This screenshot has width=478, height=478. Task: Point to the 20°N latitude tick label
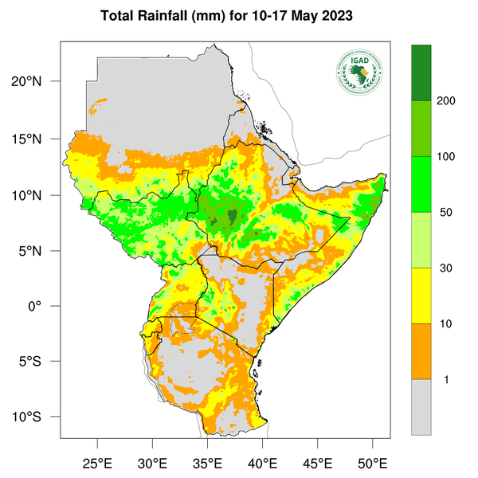(37, 82)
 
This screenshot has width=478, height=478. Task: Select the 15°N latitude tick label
(37, 139)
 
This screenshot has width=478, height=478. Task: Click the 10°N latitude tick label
(37, 194)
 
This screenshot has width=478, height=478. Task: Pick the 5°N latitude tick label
(41, 250)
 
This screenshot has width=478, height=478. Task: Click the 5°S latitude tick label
(41, 362)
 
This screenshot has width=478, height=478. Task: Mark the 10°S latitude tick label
(37, 417)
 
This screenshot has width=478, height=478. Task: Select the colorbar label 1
(445, 379)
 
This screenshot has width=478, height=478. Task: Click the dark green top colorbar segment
(421, 72)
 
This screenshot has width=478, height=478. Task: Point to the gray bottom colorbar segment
(421, 406)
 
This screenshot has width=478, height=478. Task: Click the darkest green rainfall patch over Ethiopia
(231, 216)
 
